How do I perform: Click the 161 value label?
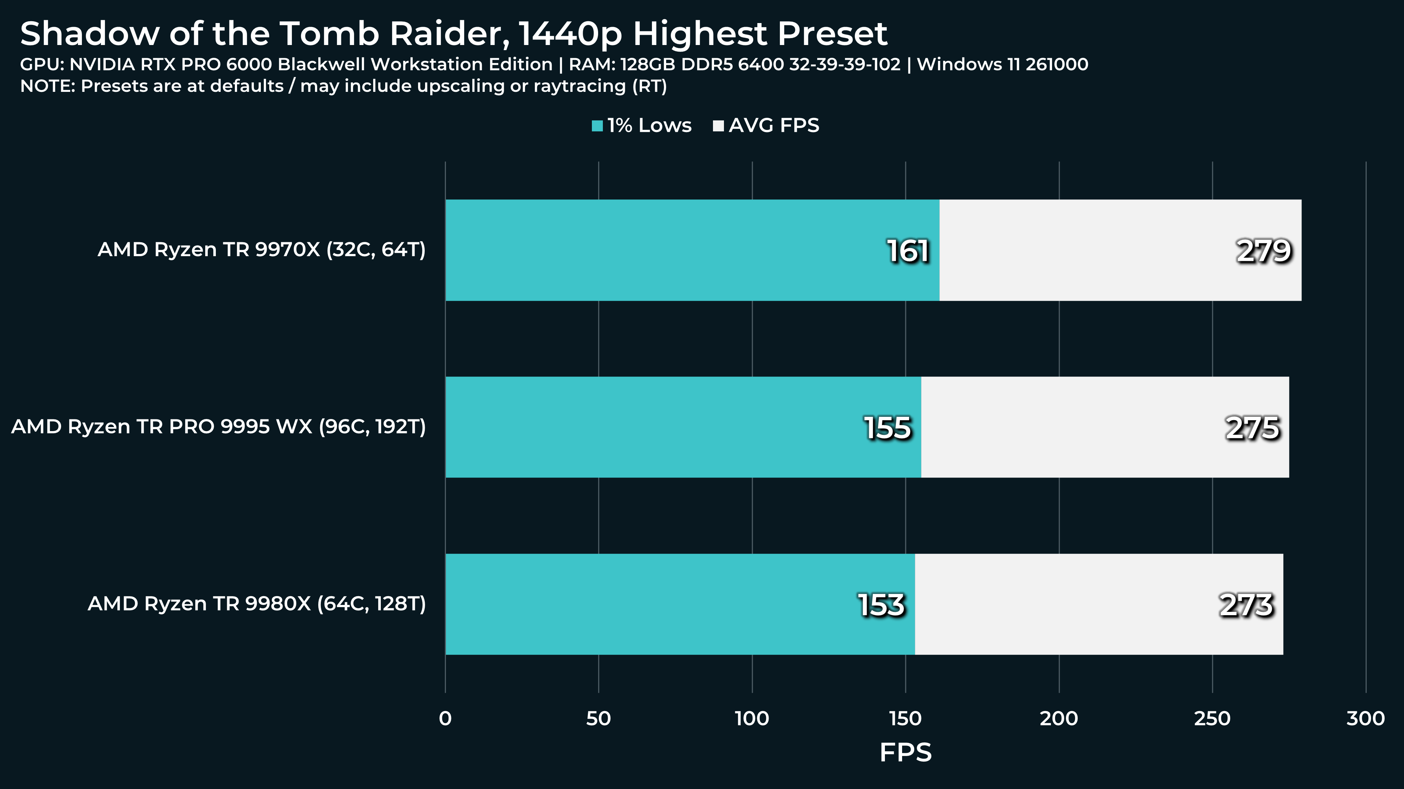tap(908, 251)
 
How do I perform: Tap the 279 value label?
tap(1264, 251)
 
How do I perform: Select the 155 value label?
tap(887, 428)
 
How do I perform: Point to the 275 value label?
tap(1252, 428)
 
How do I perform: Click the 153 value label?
tap(881, 605)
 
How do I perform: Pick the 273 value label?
tap(1246, 605)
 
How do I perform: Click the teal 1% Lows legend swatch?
tap(597, 126)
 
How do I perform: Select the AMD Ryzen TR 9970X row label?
tap(262, 250)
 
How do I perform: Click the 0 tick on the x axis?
tap(445, 719)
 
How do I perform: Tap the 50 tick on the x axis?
tap(598, 719)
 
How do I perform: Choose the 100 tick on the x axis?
tap(752, 719)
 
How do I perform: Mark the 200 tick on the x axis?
tap(1059, 719)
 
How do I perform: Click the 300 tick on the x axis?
tap(1365, 719)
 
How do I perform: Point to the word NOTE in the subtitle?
tap(47, 86)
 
